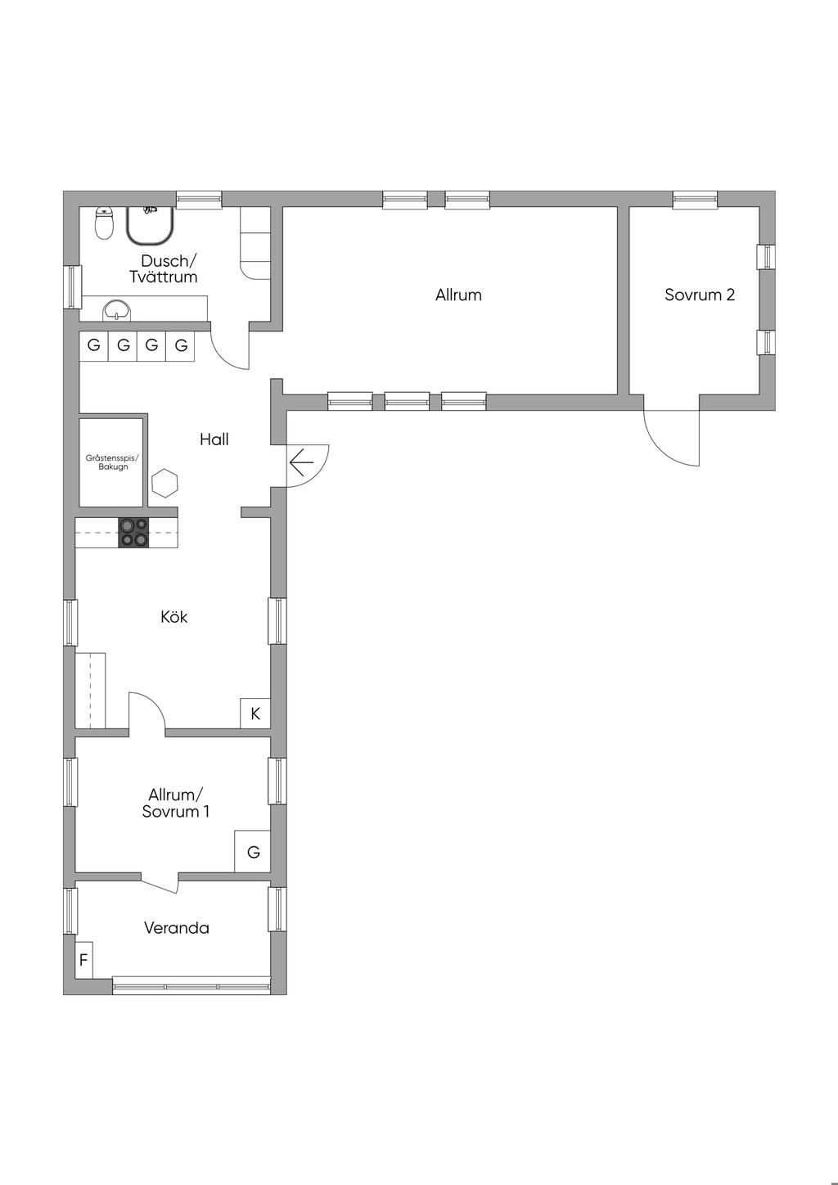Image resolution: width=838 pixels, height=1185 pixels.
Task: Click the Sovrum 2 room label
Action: (x=700, y=295)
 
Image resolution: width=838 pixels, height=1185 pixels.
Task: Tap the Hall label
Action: (x=214, y=439)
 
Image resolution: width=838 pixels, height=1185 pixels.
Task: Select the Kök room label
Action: (x=174, y=617)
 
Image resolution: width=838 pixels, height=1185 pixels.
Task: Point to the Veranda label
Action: (x=177, y=928)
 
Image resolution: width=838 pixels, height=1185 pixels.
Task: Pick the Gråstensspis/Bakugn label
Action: (x=113, y=462)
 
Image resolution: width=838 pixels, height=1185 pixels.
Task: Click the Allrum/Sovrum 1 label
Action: (x=176, y=803)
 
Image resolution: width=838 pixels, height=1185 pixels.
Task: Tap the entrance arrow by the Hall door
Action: (x=301, y=462)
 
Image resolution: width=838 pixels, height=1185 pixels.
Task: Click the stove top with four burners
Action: (x=133, y=533)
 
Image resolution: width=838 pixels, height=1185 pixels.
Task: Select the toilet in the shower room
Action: (x=104, y=223)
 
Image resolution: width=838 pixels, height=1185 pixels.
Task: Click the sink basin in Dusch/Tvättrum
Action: (x=116, y=310)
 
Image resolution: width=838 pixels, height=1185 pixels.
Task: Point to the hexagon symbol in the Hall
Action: (x=164, y=483)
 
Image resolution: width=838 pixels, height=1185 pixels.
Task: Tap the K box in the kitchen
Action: (x=255, y=714)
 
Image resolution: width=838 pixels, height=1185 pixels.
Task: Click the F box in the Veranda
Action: (x=83, y=960)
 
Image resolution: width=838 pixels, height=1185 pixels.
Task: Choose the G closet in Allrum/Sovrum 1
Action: (x=253, y=852)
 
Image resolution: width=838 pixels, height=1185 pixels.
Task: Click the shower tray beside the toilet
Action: (x=151, y=226)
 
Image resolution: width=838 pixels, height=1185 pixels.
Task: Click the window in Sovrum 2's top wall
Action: (x=695, y=199)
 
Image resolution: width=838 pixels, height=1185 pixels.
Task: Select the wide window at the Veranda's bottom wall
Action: (x=191, y=987)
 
